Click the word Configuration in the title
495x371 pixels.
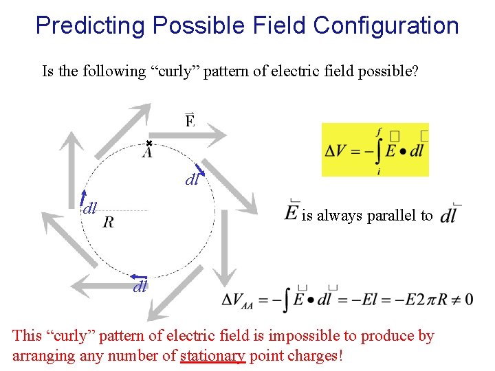click(386, 26)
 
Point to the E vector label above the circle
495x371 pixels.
click(190, 121)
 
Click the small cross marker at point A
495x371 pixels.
click(148, 143)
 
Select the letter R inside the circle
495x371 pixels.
click(108, 222)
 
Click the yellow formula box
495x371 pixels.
click(375, 150)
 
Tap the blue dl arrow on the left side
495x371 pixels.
click(83, 196)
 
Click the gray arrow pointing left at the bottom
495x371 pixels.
click(96, 283)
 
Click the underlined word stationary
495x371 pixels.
click(212, 356)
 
